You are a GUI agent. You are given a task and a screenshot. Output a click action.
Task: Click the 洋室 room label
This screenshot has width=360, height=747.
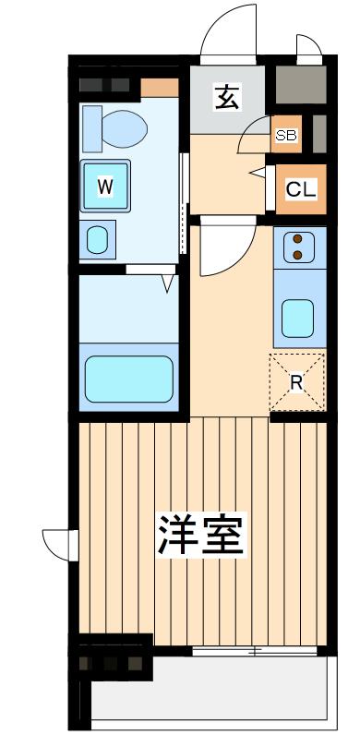pyautogui.click(x=201, y=534)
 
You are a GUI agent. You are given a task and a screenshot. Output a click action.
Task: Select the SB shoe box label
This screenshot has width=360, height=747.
pyautogui.click(x=287, y=136)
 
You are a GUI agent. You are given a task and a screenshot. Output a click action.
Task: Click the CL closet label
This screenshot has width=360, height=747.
pyautogui.click(x=301, y=189)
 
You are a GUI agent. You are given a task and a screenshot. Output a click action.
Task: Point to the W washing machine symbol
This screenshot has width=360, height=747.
pyautogui.click(x=104, y=186)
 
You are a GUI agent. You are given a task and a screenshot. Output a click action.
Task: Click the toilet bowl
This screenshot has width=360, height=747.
pyautogui.click(x=125, y=128)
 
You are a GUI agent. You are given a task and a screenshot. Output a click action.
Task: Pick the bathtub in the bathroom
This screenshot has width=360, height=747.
pyautogui.click(x=129, y=379)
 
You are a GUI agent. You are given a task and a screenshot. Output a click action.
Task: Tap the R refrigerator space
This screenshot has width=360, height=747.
pyautogui.click(x=297, y=382)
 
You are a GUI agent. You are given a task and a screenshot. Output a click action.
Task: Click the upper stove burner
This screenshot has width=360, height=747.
pyautogui.click(x=297, y=238)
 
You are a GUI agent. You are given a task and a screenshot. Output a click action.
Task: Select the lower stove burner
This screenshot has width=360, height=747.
pyautogui.click(x=297, y=255)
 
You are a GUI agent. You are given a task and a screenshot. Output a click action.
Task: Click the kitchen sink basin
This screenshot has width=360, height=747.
pyautogui.click(x=297, y=319)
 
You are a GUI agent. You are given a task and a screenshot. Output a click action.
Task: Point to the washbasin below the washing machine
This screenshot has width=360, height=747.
pyautogui.click(x=98, y=240)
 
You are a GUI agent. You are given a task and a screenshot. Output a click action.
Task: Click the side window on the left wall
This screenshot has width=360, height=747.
pyautogui.click(x=61, y=545)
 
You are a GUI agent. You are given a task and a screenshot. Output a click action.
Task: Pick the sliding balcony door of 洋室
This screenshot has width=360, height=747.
pyautogui.click(x=256, y=651)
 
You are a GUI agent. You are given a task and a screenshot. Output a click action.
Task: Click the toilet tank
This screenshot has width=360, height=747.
pyautogui.click(x=92, y=128)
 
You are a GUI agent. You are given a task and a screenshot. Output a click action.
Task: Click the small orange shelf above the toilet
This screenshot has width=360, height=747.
pyautogui.click(x=160, y=88)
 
